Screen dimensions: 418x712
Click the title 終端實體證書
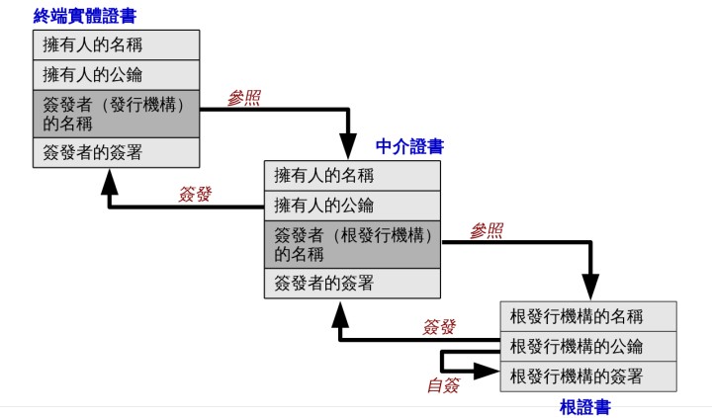[x=85, y=15]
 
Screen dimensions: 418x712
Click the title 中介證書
[x=409, y=146]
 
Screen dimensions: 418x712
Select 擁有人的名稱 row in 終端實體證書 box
[x=114, y=44]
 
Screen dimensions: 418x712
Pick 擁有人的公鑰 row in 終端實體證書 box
[x=114, y=74]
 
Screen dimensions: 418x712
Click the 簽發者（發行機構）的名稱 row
[x=114, y=114]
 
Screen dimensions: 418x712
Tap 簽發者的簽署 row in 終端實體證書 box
[x=114, y=152]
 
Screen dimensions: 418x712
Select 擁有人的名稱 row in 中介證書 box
[x=351, y=176]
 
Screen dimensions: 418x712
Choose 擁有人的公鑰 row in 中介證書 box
[x=351, y=206]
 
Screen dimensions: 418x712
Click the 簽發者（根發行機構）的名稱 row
[x=351, y=244]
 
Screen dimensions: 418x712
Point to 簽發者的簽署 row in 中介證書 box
[x=351, y=283]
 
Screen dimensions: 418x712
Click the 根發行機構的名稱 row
[x=588, y=316]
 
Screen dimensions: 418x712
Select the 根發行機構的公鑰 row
[x=588, y=346]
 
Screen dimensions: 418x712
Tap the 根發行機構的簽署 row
[x=588, y=376]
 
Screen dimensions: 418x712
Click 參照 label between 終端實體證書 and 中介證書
[x=243, y=98]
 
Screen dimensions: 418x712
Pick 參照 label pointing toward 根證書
[x=486, y=231]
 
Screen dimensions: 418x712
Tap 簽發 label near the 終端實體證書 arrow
[x=195, y=195]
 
